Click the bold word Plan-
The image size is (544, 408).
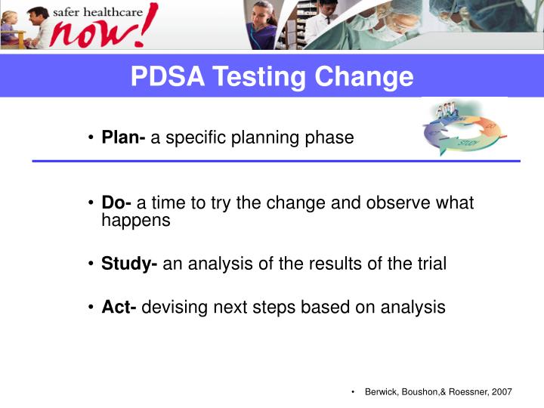(x=124, y=138)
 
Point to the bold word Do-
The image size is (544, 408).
(x=117, y=203)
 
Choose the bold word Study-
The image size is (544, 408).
(x=130, y=264)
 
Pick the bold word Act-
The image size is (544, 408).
(x=119, y=308)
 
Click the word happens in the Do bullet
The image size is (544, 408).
(x=136, y=221)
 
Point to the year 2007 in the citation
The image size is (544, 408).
(x=499, y=391)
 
